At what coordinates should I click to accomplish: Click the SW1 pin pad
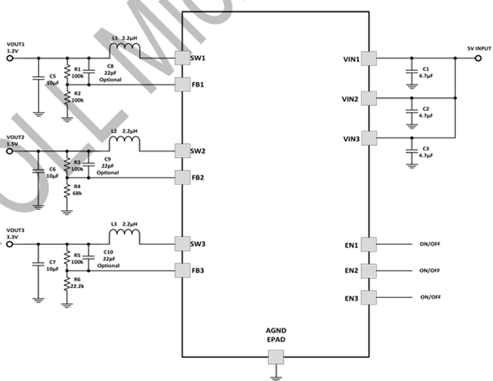[x=182, y=58]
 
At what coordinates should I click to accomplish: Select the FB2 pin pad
[x=182, y=177]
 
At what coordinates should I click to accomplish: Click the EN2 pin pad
[x=369, y=270]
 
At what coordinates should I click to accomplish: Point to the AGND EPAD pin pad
[x=276, y=356]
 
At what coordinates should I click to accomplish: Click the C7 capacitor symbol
[x=37, y=264]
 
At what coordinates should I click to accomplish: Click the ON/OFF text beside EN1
[x=430, y=244]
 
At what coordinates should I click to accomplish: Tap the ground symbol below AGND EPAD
[x=276, y=376]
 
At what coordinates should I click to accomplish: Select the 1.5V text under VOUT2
[x=12, y=144]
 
